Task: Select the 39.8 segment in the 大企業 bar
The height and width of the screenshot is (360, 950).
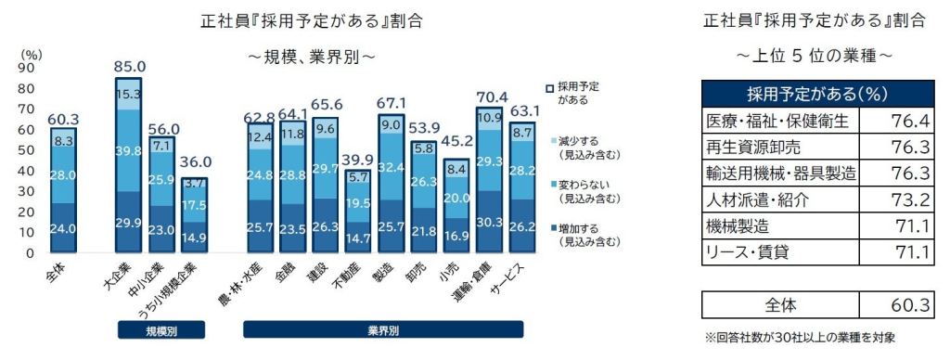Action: pos(128,150)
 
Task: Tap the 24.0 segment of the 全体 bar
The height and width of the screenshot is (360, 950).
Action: pos(63,228)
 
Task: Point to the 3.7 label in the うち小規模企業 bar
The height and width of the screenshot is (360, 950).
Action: pos(194,183)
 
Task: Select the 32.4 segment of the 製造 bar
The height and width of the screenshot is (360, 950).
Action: pos(392,167)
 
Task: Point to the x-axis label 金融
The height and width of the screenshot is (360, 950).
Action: pos(289,274)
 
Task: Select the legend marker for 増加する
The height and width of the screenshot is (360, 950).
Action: pos(549,228)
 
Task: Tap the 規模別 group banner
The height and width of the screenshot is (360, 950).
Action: pos(161,330)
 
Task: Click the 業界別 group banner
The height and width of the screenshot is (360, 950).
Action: pos(383,330)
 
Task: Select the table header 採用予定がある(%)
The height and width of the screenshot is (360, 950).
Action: pos(817,95)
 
